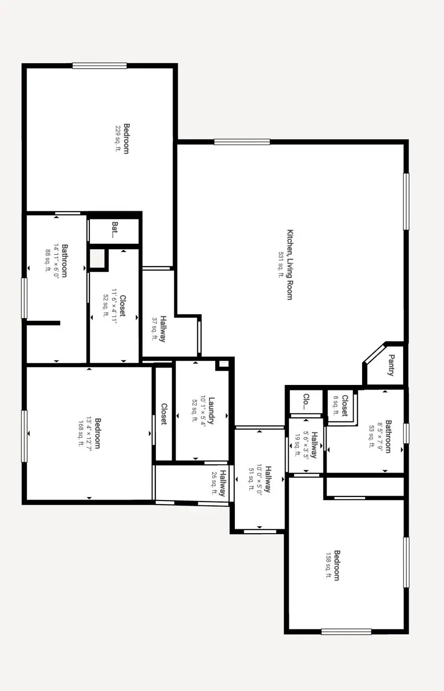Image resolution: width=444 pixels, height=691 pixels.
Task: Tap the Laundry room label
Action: coord(211,411)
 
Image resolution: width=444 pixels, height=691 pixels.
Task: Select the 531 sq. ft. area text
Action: coord(281,265)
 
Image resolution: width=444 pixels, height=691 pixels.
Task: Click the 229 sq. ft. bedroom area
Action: coord(118,139)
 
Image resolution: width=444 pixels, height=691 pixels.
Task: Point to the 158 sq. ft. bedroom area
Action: coord(329,565)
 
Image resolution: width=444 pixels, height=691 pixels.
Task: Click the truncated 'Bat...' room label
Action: coord(115,230)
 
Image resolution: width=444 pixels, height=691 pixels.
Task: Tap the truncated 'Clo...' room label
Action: coord(306,402)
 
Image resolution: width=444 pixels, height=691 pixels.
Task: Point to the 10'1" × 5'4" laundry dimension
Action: coord(203,411)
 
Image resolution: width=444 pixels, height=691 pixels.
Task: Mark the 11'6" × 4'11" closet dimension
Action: coord(114,306)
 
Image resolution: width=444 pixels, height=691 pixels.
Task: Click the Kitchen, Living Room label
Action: coord(290,265)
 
